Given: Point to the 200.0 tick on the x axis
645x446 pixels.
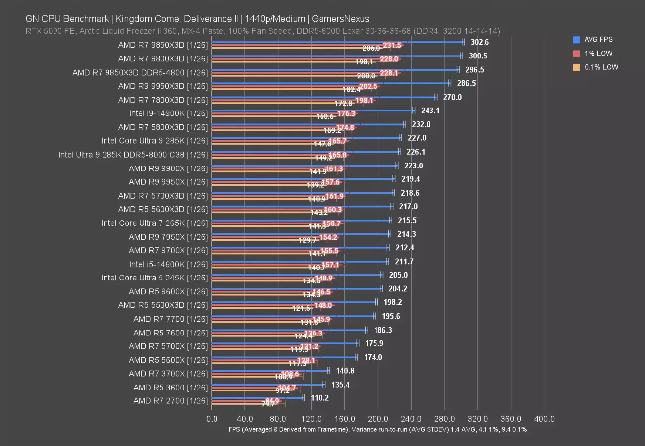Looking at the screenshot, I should pyautogui.click(x=378, y=419).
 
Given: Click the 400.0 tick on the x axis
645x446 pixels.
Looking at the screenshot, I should pyautogui.click(x=544, y=419).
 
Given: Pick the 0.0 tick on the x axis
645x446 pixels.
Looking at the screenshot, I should pyautogui.click(x=212, y=419).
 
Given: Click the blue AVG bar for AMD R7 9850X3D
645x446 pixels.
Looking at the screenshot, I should pyautogui.click(x=337, y=42).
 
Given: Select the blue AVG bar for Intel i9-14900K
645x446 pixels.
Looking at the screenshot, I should pyautogui.click(x=312, y=111).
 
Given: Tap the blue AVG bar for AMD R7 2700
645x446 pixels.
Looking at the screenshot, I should pyautogui.click(x=257, y=397).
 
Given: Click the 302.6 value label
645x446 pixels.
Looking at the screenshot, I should pyautogui.click(x=480, y=43).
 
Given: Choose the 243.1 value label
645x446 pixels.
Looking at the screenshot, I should pyautogui.click(x=430, y=111).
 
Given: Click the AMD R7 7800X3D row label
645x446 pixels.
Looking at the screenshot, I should pyautogui.click(x=163, y=100).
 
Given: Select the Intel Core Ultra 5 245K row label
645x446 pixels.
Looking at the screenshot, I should pyautogui.click(x=155, y=278).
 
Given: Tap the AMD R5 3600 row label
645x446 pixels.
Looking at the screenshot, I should pyautogui.click(x=170, y=387).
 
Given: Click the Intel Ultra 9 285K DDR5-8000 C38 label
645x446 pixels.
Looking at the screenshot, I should pyautogui.click(x=133, y=155).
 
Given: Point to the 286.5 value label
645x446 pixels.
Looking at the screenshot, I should pyautogui.click(x=467, y=83).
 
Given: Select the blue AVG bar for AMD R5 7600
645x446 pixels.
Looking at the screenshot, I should pyautogui.click(x=289, y=330).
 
